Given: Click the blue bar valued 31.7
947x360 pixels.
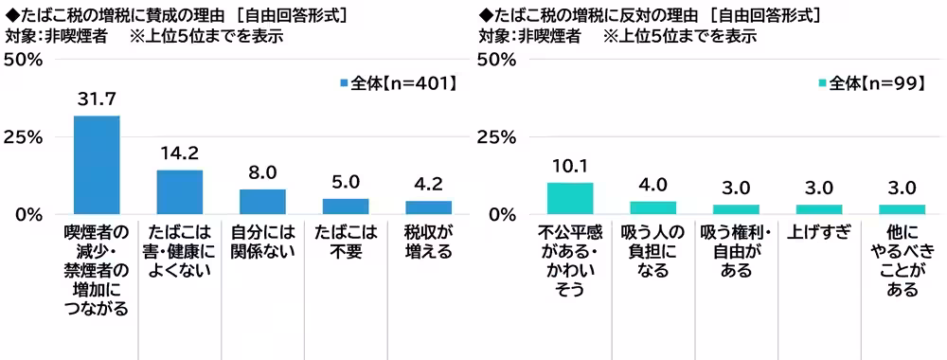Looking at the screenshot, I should [97, 165].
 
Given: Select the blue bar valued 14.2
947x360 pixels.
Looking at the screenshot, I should [179, 192].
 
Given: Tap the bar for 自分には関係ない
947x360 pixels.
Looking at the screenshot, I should [262, 202].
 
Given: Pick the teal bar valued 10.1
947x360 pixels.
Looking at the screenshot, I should [570, 198].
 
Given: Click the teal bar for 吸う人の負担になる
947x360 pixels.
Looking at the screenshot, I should [653, 207].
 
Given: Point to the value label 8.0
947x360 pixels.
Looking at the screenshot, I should [262, 173].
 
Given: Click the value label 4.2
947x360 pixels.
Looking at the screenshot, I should [428, 185].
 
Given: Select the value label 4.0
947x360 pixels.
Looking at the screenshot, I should [653, 185].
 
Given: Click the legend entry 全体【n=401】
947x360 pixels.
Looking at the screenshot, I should [396, 83].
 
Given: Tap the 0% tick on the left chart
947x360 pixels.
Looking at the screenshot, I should [28, 214].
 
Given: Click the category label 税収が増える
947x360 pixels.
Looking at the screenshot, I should [428, 242].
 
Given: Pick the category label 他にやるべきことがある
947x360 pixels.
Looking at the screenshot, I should [902, 261].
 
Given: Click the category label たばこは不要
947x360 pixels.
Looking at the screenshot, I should [346, 242].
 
